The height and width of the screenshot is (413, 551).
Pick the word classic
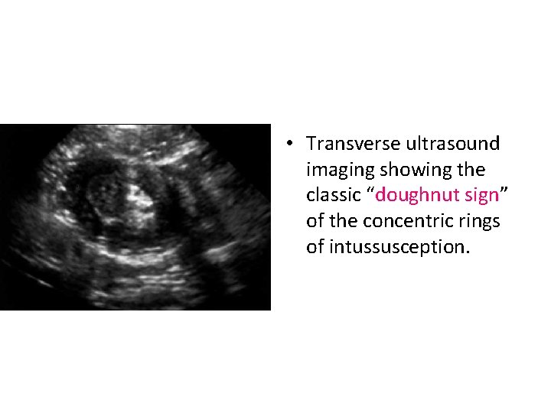pos(335,195)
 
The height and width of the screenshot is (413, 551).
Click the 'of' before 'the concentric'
pos(314,221)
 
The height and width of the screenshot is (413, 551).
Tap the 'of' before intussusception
pos(314,247)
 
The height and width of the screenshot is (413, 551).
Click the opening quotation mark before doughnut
pos(373,191)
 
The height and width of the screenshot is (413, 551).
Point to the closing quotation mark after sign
pos(503,191)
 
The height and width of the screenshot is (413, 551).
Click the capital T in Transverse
pos(311,144)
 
